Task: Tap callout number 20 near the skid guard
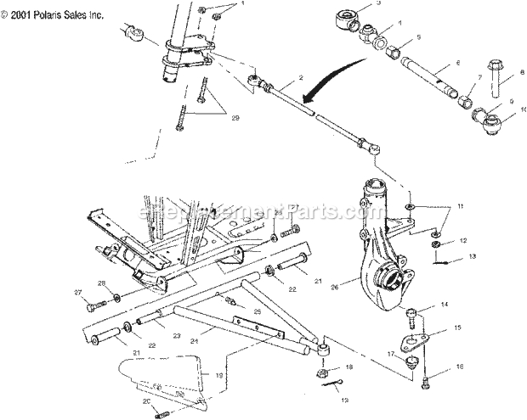click(145, 402)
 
